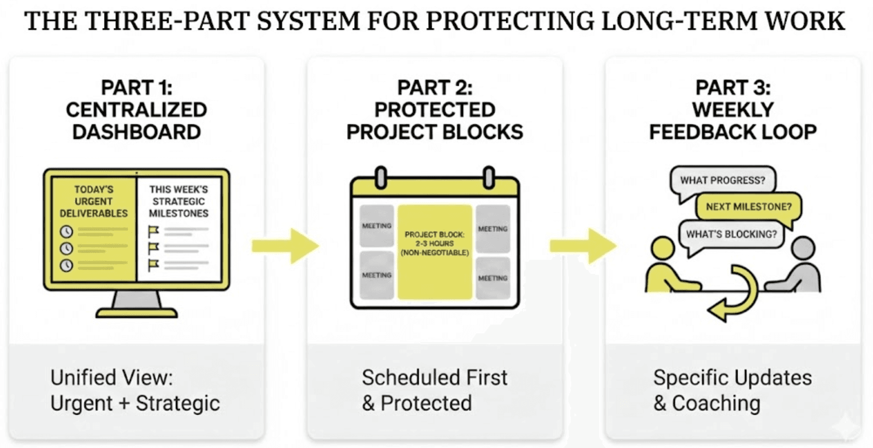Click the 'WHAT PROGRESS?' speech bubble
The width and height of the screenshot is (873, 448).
[x=722, y=180]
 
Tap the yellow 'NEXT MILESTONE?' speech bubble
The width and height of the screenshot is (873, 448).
[x=748, y=207]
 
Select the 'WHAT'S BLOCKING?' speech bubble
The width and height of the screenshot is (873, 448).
[x=731, y=234]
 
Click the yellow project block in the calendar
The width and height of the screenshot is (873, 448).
[x=435, y=252]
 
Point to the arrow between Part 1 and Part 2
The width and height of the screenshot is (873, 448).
[x=285, y=246]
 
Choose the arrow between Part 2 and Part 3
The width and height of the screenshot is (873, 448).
[x=583, y=246]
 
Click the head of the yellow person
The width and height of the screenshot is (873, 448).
[x=662, y=248]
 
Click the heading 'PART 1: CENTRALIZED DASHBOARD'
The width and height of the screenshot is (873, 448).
[x=136, y=110]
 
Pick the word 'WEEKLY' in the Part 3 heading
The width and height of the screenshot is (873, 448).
[x=733, y=110]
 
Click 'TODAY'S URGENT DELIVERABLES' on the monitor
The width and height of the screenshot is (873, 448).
[x=94, y=201]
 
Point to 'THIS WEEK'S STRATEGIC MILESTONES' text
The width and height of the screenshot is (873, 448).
[x=178, y=201]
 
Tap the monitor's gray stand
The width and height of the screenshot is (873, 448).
[x=136, y=300]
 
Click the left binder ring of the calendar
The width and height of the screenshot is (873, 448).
[x=381, y=178]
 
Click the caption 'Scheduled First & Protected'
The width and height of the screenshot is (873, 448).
[x=434, y=390]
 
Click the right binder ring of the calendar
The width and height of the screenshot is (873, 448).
[x=489, y=178]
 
